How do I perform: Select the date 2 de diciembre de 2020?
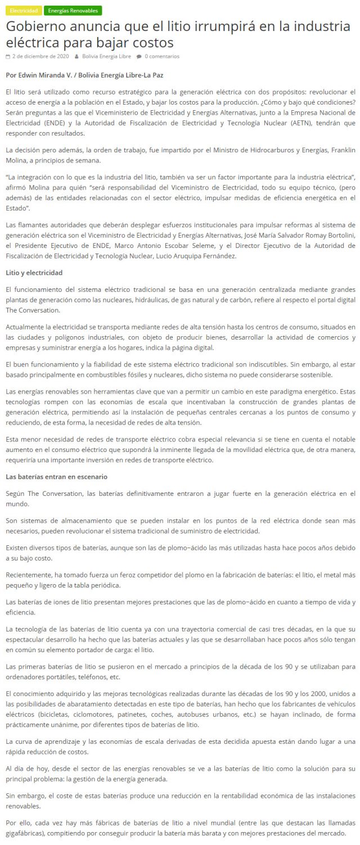click(40, 56)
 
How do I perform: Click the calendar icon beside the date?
click(8, 56)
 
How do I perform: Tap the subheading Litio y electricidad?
click(34, 273)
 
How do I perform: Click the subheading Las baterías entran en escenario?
click(56, 477)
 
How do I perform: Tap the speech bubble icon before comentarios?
click(139, 56)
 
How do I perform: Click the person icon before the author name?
click(76, 56)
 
